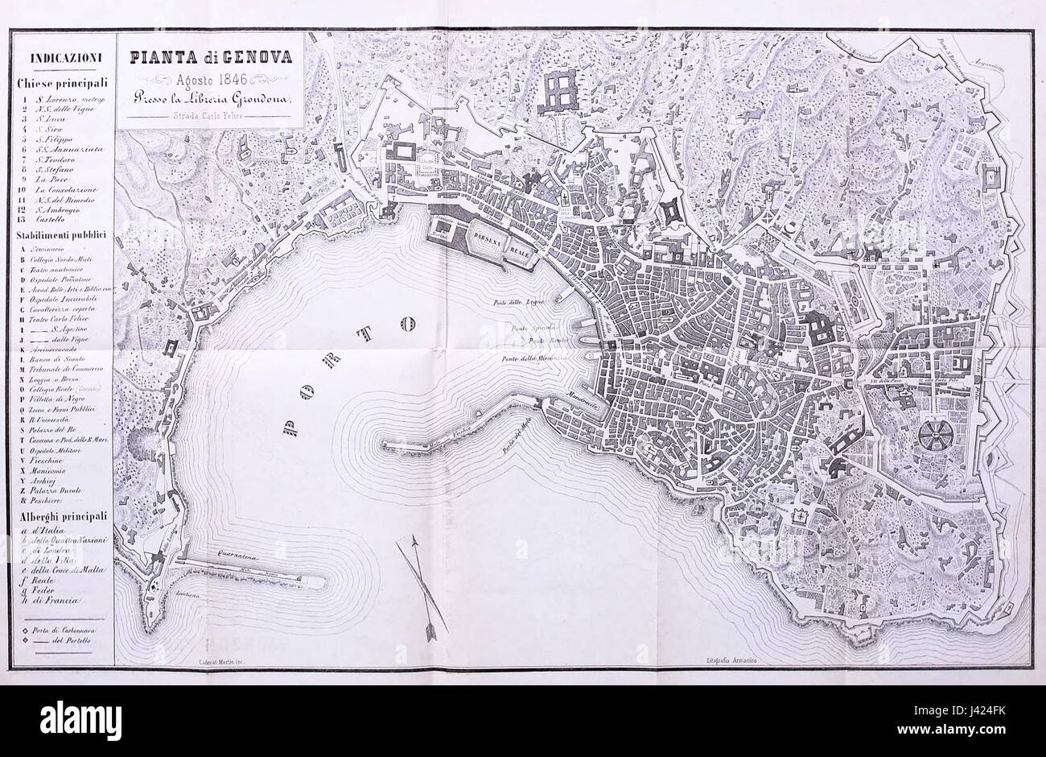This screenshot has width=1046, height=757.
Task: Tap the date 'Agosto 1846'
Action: [x=208, y=80]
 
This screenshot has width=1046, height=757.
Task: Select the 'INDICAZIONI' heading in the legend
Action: [x=64, y=58]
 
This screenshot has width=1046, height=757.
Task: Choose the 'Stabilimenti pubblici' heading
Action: [x=64, y=236]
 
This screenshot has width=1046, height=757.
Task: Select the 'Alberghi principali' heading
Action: [x=64, y=514]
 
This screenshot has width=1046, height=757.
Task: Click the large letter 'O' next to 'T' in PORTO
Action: [x=408, y=325]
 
